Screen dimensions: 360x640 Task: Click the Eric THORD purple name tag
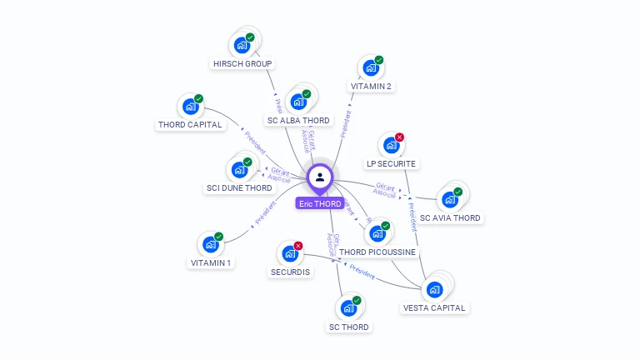pyautogui.click(x=320, y=203)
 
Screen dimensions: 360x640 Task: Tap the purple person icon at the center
pyautogui.click(x=320, y=177)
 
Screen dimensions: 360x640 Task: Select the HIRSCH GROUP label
pyautogui.click(x=242, y=63)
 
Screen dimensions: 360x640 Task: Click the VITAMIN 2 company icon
pyautogui.click(x=370, y=68)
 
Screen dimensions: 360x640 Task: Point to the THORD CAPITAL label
pyautogui.click(x=190, y=125)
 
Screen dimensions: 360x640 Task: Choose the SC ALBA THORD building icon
pyautogui.click(x=297, y=102)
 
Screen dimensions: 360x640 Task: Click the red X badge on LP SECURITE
pyautogui.click(x=399, y=137)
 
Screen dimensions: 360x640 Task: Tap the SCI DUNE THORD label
pyautogui.click(x=239, y=187)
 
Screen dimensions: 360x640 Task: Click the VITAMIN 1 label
pyautogui.click(x=211, y=262)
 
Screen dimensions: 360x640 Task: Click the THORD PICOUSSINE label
pyautogui.click(x=377, y=252)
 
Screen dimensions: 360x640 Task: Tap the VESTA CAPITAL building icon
pyautogui.click(x=434, y=290)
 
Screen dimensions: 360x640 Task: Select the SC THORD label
pyautogui.click(x=348, y=327)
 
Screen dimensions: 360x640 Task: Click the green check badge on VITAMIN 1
pyautogui.click(x=218, y=237)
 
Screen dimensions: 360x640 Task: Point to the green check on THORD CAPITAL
pyautogui.click(x=198, y=99)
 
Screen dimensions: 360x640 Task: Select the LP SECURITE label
pyautogui.click(x=392, y=163)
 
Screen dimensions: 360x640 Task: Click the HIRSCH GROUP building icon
pyautogui.click(x=242, y=45)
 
